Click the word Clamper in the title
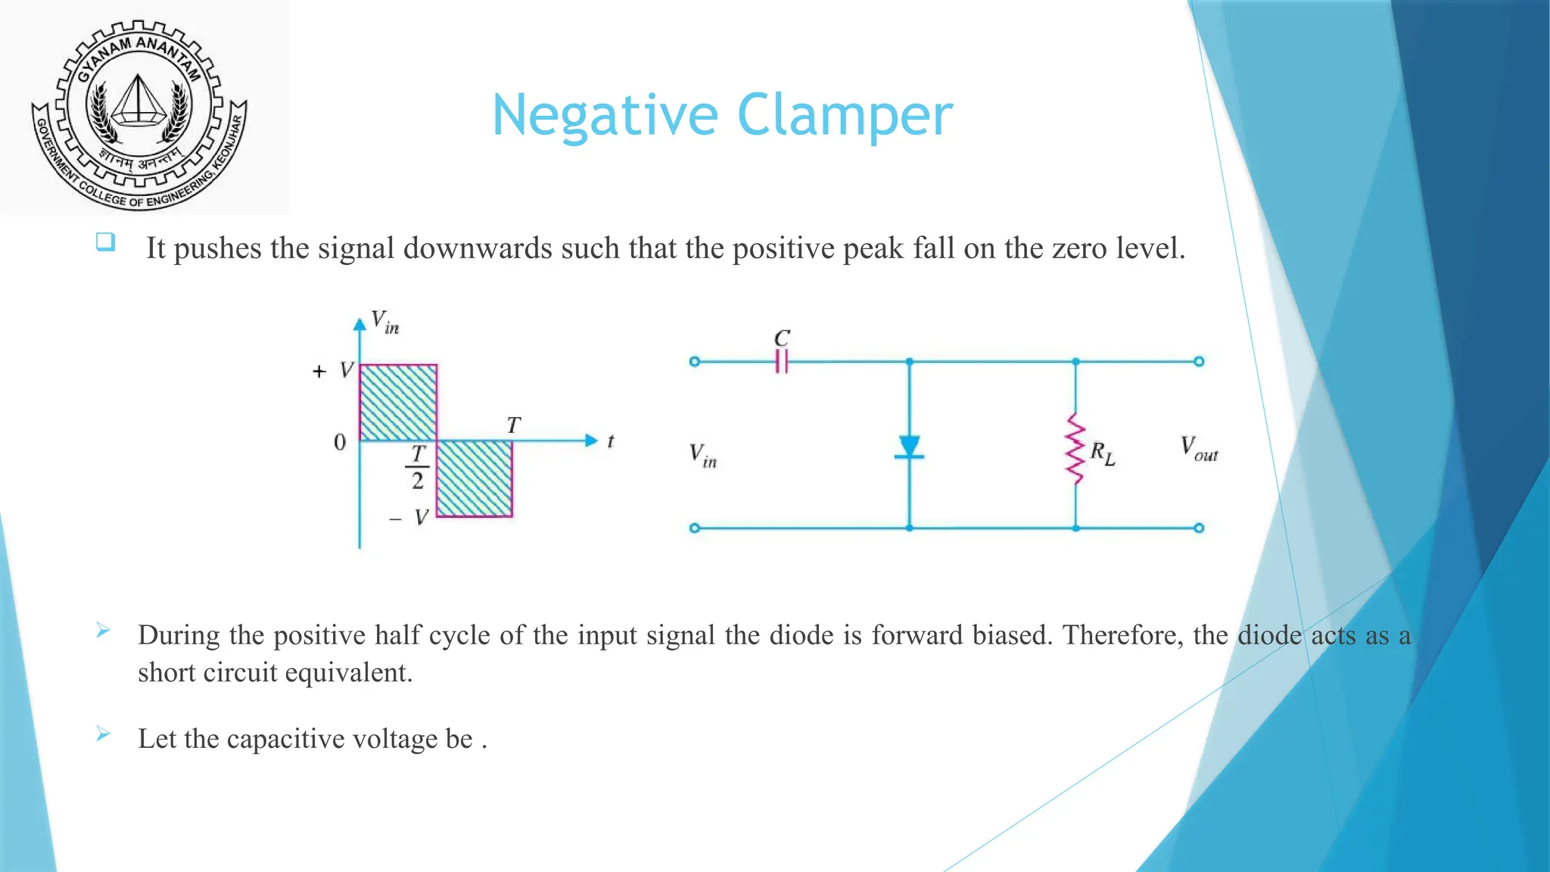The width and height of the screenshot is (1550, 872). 845,115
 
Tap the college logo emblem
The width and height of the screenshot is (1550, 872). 139,114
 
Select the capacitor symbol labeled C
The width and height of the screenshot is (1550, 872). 782,361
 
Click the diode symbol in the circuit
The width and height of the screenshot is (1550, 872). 909,447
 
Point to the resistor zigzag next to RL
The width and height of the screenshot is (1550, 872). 1075,448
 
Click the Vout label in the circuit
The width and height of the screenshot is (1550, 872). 1199,448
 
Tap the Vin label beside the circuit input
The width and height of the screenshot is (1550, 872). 702,455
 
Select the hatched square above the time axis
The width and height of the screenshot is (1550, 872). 398,403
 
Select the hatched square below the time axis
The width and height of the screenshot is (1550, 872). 475,478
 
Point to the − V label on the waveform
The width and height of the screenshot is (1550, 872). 409,518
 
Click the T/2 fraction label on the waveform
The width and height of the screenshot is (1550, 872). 418,467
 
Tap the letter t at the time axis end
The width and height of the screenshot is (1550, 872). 611,441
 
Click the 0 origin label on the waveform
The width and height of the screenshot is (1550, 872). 340,442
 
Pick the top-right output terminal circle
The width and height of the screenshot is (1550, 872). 1199,362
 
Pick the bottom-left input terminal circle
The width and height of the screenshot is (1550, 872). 695,528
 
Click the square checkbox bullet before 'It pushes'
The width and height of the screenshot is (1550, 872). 105,242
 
